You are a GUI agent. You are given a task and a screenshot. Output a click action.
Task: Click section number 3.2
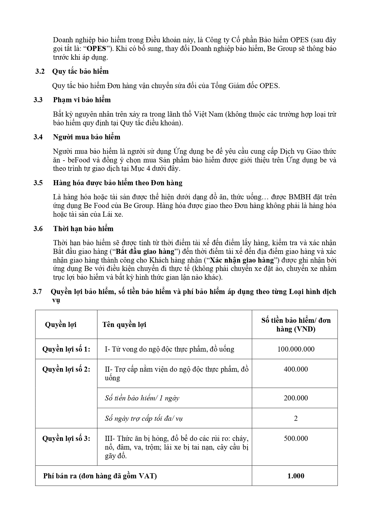tap(40, 72)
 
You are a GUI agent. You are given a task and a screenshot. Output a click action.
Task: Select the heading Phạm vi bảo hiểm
tap(82, 100)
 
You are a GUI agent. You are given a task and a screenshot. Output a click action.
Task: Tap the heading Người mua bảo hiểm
tap(87, 137)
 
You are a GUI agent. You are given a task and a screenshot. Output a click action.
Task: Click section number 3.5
tap(38, 183)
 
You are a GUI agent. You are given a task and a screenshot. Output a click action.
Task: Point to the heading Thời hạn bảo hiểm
tap(83, 229)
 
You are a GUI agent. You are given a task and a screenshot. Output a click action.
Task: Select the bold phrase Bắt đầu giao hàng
tap(145, 251)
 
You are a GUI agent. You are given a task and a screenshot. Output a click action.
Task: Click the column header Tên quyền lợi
tap(124, 325)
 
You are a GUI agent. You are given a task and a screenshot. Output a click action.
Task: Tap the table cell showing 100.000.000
tap(296, 349)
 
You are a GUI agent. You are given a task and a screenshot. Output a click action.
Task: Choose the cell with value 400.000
tap(296, 369)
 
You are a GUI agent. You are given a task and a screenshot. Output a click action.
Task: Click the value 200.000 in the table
tap(296, 398)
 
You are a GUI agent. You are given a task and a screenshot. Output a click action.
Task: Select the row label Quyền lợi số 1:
tap(66, 349)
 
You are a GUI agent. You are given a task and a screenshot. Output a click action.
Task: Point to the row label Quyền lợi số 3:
tap(66, 438)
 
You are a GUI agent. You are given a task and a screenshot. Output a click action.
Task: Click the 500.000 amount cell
tap(296, 438)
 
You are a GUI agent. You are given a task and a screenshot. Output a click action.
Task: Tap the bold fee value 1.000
tap(296, 476)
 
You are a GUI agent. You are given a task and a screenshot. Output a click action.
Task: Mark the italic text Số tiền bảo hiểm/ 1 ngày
tap(142, 398)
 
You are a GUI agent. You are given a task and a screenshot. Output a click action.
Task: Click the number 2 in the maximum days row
tap(296, 418)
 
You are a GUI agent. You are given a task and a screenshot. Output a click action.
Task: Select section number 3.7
tap(37, 292)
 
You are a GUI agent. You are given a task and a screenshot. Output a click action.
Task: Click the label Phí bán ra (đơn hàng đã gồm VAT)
tap(100, 476)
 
